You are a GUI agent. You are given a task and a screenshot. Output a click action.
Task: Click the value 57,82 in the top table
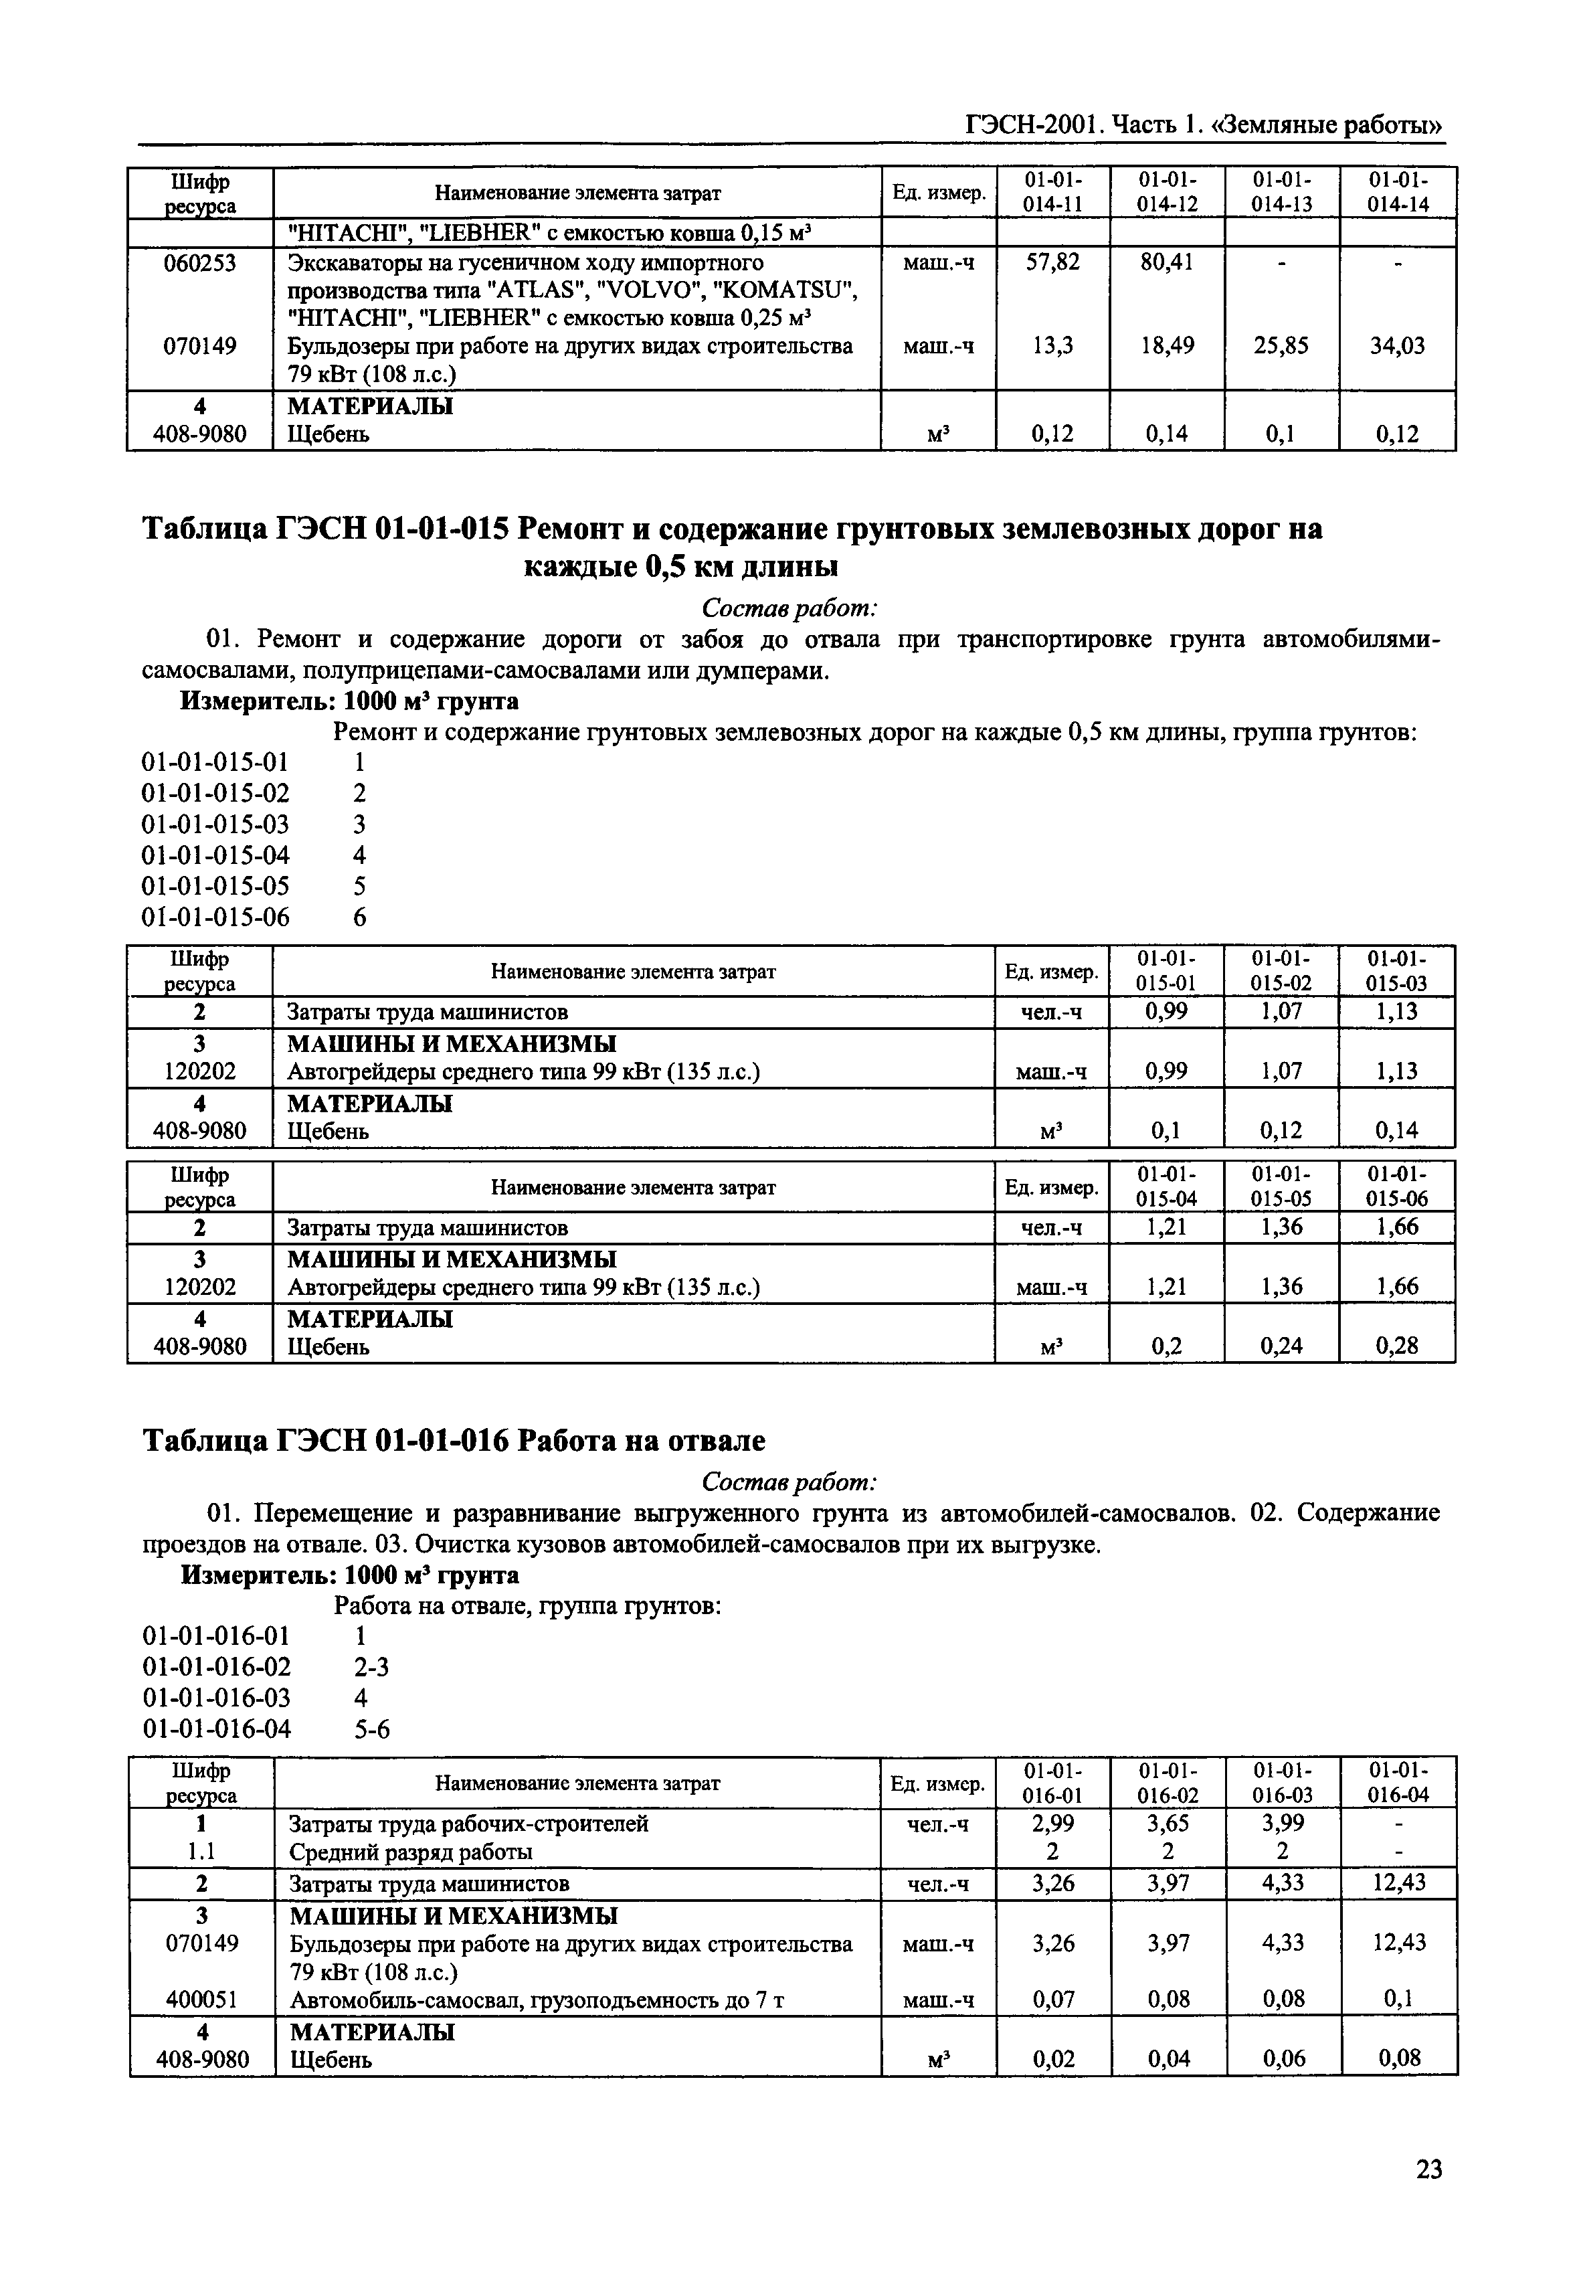[x=1052, y=262]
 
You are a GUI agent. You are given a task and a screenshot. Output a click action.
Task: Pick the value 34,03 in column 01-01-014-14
[x=1397, y=346]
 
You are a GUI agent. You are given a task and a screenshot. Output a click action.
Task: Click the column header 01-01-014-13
[x=1282, y=192]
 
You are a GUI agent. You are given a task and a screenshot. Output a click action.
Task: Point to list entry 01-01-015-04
[x=216, y=855]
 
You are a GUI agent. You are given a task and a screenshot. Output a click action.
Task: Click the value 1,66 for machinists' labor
[x=1397, y=1227]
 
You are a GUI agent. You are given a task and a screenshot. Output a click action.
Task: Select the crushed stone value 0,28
[x=1397, y=1346]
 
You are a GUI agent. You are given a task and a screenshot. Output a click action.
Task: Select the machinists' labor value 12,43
[x=1399, y=1883]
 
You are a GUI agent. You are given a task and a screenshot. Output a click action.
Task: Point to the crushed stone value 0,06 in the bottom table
[x=1284, y=2058]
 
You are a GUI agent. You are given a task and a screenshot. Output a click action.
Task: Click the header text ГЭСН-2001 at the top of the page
[x=1033, y=126]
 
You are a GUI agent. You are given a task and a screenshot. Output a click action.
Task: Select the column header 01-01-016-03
[x=1284, y=1782]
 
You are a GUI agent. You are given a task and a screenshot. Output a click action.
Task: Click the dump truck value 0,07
[x=1052, y=1999]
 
